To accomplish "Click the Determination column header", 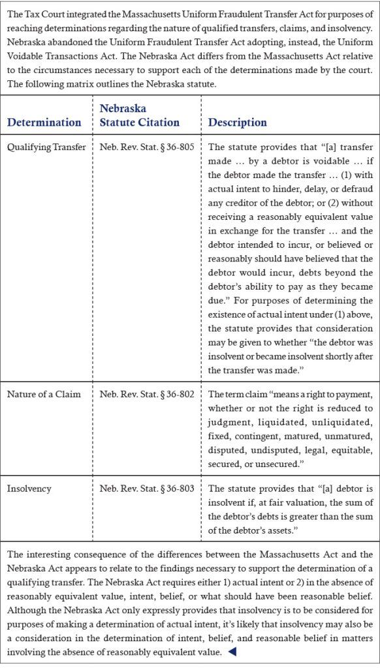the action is (44, 122).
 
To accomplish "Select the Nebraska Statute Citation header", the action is (139, 115).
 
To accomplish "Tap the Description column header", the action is (238, 122).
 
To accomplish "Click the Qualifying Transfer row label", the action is (46, 147).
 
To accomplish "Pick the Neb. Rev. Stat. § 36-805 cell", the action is (147, 147).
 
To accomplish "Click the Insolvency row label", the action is (29, 488).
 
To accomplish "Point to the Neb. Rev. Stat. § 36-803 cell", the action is (147, 488).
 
